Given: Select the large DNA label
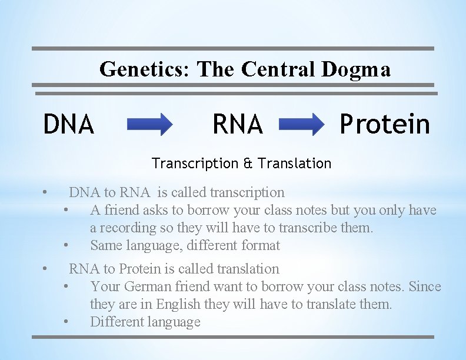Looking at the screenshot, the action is (69, 124).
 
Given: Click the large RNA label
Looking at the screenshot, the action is (237, 124).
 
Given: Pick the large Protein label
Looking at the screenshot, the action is (385, 124).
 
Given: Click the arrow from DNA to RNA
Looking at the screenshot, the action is (149, 125).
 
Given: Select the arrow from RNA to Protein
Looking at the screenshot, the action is (301, 125).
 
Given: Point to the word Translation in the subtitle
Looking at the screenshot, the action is (292, 163).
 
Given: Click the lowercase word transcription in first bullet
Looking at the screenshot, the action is (247, 192).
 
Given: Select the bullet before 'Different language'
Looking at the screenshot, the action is (68, 322).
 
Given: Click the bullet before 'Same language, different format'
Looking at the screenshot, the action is (68, 245).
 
